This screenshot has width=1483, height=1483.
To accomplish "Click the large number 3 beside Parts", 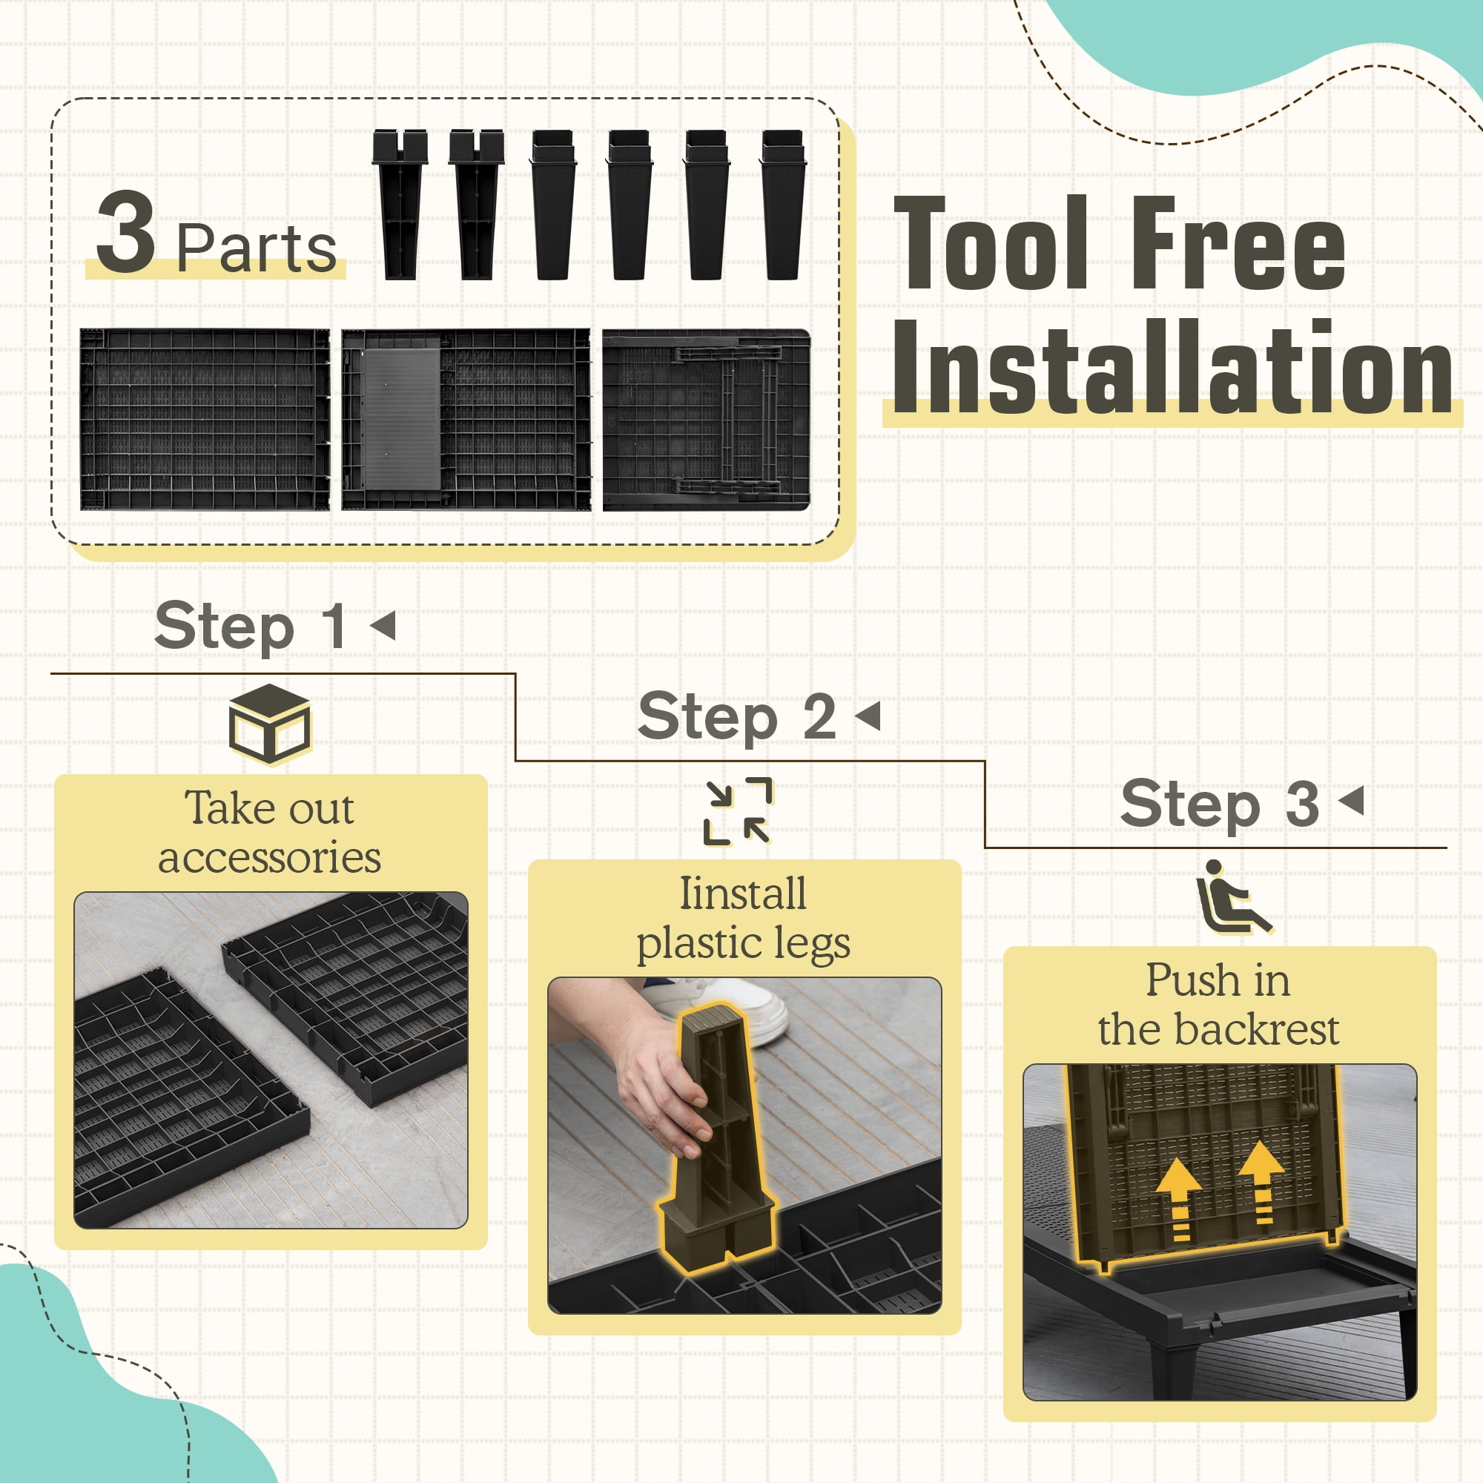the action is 125,232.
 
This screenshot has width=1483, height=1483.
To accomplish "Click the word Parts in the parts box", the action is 257,248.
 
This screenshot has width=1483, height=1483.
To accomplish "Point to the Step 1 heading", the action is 250,627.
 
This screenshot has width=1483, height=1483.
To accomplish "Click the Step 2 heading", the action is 737,717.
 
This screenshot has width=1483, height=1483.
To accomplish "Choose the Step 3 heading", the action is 1220,804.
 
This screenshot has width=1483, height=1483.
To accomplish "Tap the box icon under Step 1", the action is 269,724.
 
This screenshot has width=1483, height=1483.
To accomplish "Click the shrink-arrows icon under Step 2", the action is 738,811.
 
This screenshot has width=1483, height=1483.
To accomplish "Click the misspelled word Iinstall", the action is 743,894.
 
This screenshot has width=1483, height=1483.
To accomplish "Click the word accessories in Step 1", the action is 269,858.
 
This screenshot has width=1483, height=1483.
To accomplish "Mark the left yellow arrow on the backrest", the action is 1178,1199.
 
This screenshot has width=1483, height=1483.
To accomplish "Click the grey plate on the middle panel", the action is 401,419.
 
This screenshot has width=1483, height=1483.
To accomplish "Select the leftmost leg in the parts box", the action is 400,204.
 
